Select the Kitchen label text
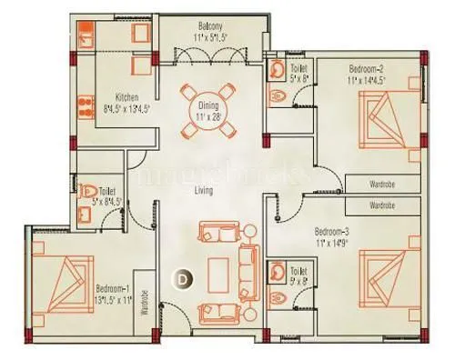[x=126, y=98]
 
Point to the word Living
[x=203, y=192]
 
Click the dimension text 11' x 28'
[x=208, y=117]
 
